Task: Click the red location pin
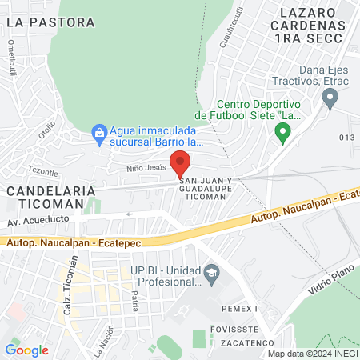coord(181,162)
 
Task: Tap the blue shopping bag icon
coord(99,131)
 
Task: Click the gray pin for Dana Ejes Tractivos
coord(329,98)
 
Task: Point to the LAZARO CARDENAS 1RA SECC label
coord(312,25)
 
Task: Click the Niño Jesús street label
coord(145,169)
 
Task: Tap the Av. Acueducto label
coord(35,222)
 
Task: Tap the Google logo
coord(26,350)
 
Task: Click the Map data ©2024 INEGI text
coord(311,354)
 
